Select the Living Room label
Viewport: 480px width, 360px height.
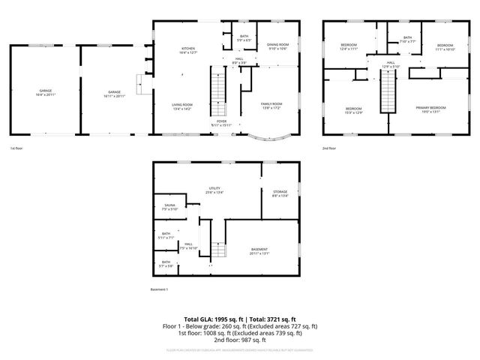(182, 106)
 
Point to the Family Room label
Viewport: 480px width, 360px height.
(271, 106)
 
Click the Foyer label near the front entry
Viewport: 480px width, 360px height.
(222, 122)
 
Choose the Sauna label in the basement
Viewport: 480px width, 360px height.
(169, 207)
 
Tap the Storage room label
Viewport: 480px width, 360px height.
(280, 194)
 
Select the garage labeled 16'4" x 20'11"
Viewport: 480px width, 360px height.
(44, 93)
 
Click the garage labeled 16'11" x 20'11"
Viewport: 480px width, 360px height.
(114, 93)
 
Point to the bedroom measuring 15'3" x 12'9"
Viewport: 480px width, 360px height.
(353, 110)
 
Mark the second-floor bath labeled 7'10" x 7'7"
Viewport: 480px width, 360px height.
(407, 40)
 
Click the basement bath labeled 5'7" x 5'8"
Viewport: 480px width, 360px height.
(166, 265)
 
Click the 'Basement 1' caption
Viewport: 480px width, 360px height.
(160, 289)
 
